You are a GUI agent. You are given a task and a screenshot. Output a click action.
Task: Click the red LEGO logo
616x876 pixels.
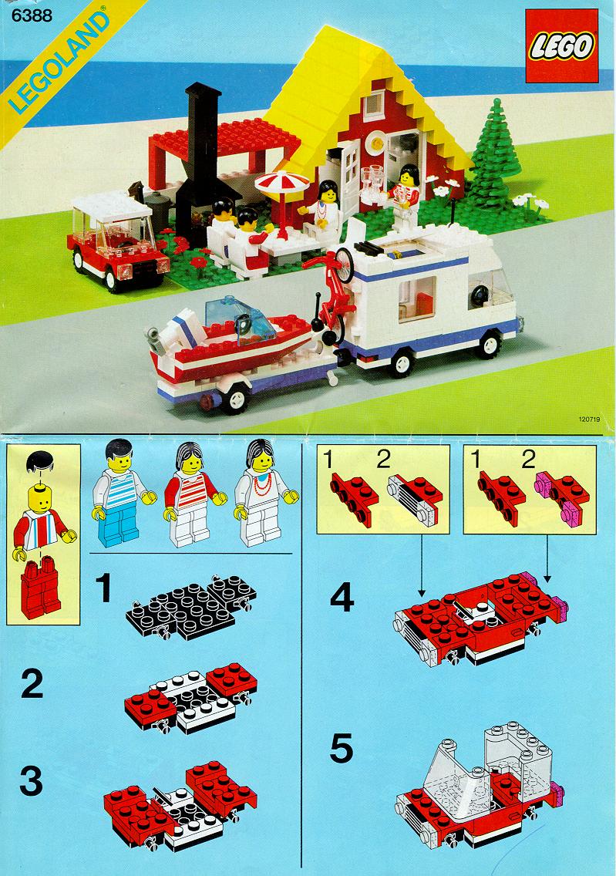pyautogui.click(x=560, y=45)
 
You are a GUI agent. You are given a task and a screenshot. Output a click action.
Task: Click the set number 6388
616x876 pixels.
pyautogui.click(x=32, y=15)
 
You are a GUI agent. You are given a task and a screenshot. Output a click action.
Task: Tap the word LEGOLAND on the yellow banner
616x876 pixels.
pyautogui.click(x=59, y=62)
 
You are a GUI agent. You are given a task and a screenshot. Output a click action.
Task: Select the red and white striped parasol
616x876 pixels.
pyautogui.click(x=282, y=182)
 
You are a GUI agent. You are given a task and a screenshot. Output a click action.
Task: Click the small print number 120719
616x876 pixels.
pyautogui.click(x=589, y=419)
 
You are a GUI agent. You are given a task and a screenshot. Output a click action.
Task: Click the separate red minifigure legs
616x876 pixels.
pyautogui.click(x=40, y=589)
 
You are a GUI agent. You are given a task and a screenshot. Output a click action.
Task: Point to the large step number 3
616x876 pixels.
pyautogui.click(x=32, y=781)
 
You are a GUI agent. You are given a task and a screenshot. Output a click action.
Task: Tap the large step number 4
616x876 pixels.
pyautogui.click(x=342, y=597)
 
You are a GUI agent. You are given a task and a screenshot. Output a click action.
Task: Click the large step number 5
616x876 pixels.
pyautogui.click(x=342, y=749)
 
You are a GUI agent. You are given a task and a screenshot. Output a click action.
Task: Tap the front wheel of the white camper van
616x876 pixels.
pyautogui.click(x=490, y=345)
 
